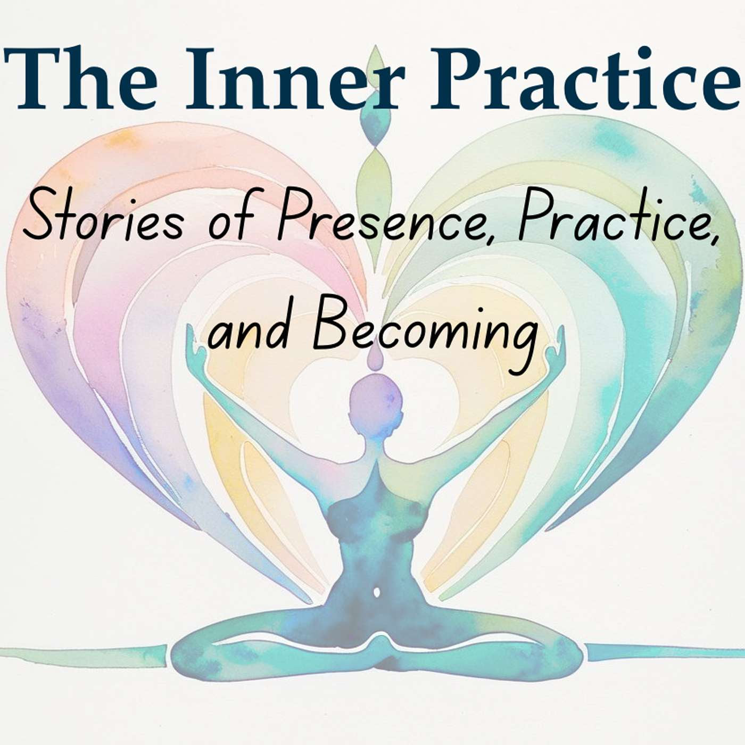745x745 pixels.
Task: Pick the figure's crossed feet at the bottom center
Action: click(x=379, y=660)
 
